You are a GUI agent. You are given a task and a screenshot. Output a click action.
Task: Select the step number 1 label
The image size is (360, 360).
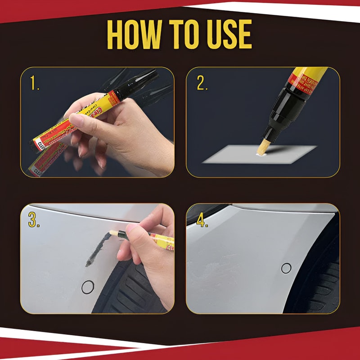point(34,83)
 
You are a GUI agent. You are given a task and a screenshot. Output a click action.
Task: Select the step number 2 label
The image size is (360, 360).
point(201,83)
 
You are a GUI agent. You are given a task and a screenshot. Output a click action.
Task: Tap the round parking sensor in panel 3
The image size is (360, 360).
point(88,286)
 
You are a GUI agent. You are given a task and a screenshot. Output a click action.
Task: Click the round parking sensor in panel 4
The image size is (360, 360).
point(286,268)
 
